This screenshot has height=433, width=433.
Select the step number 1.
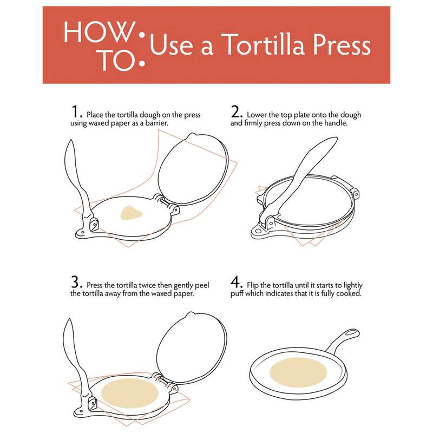76,113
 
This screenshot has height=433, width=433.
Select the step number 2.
236,113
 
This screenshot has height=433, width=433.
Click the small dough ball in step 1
132,213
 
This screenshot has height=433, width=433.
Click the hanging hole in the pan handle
352,332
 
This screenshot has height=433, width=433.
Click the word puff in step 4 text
239,294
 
